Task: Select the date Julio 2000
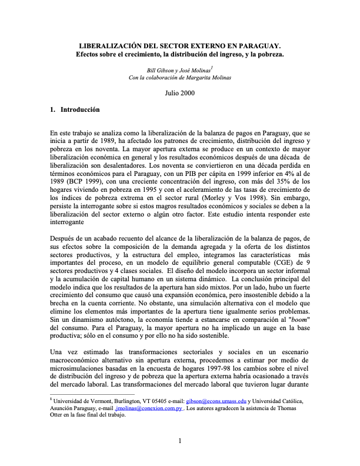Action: tap(180, 93)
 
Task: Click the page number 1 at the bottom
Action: tap(180, 441)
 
